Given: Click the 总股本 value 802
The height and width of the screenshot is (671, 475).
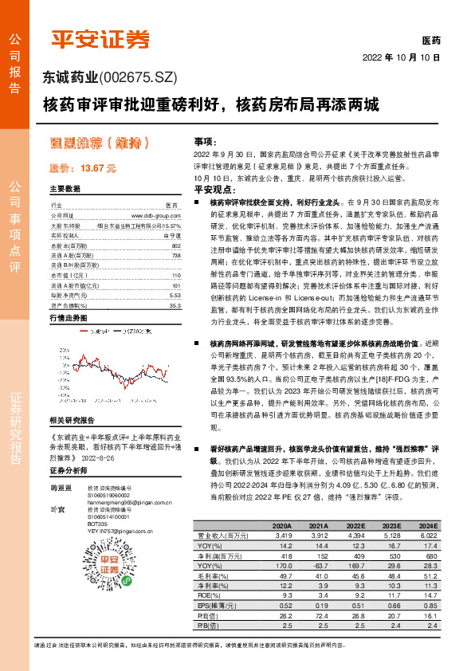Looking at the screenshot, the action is pyautogui.click(x=176, y=246).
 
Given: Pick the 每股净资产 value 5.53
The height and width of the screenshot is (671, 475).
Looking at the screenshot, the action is pyautogui.click(x=175, y=294).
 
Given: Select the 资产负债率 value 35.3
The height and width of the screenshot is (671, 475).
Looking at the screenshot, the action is pyautogui.click(x=175, y=304).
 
